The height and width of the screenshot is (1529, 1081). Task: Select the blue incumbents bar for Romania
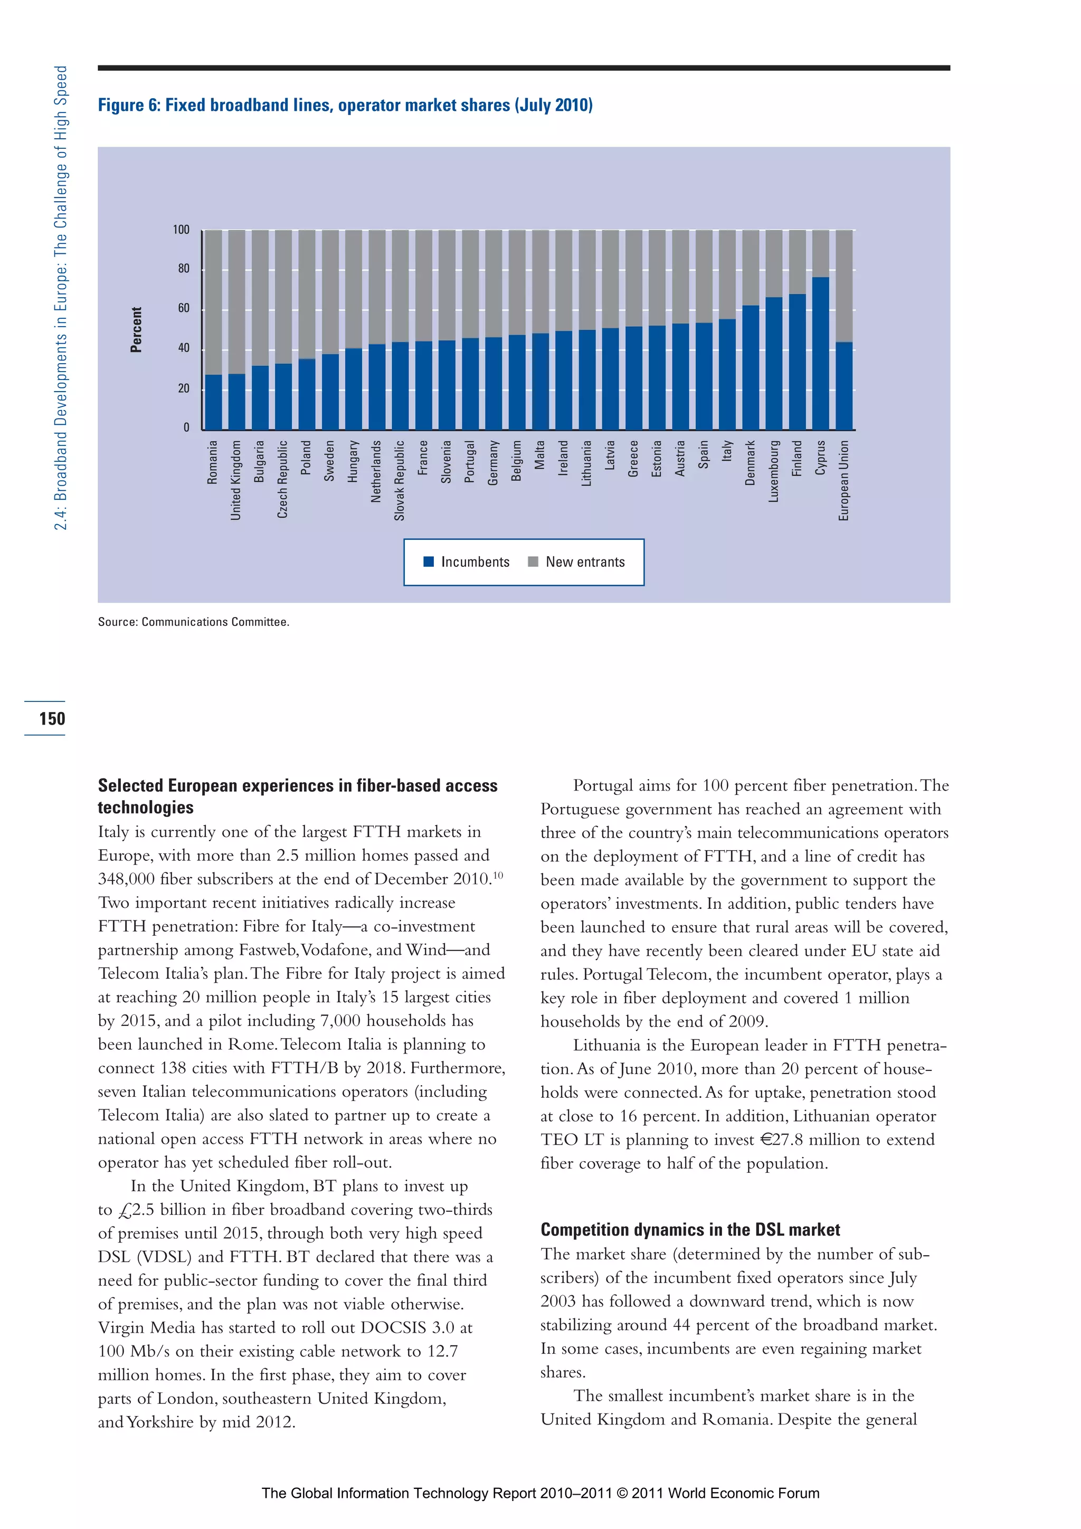click(213, 402)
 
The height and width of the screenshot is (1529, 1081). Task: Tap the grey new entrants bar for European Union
click(844, 286)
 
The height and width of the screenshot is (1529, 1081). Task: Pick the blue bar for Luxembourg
click(773, 363)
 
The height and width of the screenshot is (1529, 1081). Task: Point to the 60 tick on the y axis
click(183, 308)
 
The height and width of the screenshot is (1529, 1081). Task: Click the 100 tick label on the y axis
click(181, 230)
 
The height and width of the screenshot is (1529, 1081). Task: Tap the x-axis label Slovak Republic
click(399, 480)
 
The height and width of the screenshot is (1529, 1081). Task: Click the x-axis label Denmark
click(750, 462)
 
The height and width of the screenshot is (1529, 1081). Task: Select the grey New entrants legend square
click(533, 562)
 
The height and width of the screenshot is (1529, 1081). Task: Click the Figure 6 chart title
click(345, 105)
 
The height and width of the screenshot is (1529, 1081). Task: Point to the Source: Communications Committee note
click(193, 621)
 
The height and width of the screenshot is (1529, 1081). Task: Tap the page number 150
click(52, 718)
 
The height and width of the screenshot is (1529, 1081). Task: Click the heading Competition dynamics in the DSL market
click(690, 1229)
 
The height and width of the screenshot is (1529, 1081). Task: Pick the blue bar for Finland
click(796, 362)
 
